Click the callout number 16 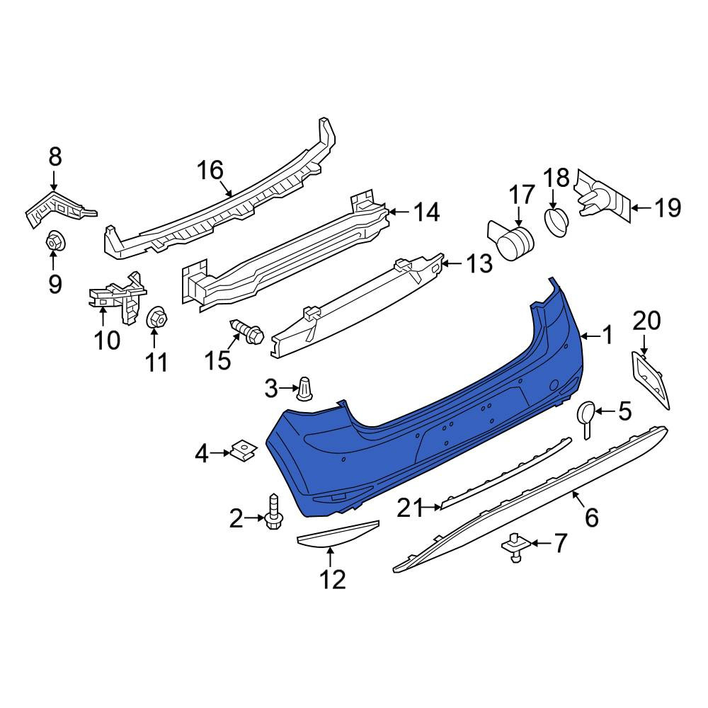[210, 170]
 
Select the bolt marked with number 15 [246, 333]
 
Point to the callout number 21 [411, 508]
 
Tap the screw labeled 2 [273, 511]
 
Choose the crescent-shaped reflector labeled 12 [337, 534]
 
